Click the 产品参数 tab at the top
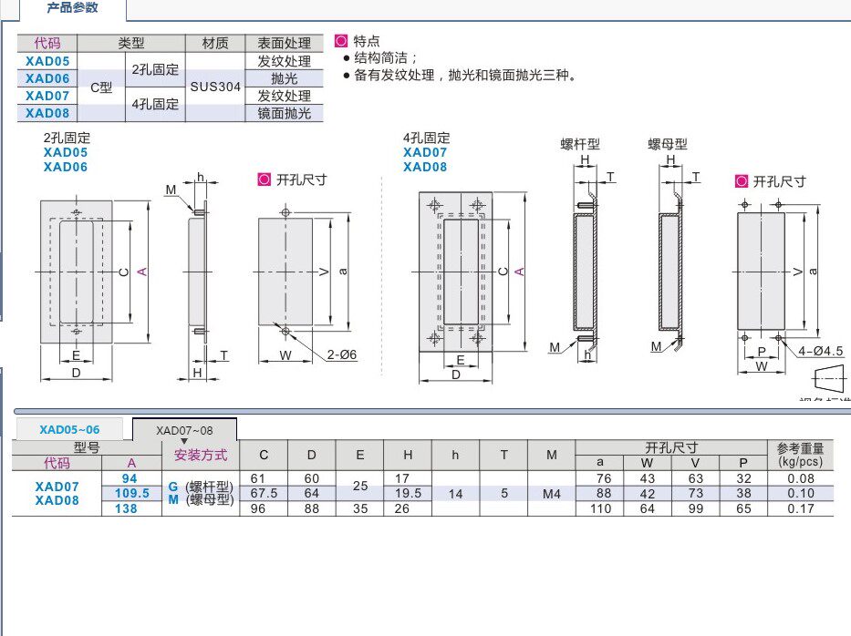(72, 8)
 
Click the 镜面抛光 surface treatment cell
(284, 113)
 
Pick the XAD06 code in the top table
(47, 78)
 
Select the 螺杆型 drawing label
(579, 144)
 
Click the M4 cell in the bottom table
(551, 493)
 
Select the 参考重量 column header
(800, 448)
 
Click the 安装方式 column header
(201, 455)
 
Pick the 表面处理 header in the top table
(284, 43)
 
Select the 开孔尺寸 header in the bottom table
(671, 447)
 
